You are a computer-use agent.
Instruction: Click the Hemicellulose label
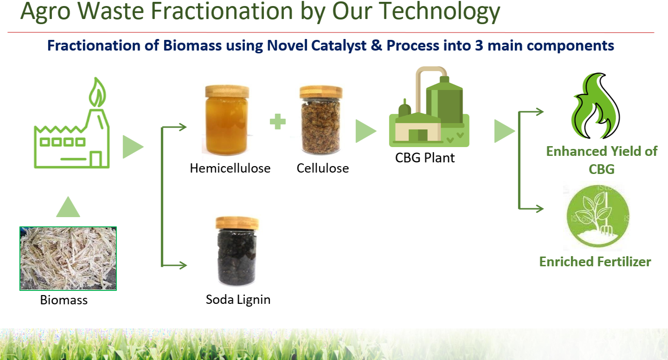[x=230, y=168]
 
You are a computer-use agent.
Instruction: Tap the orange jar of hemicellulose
[x=227, y=120]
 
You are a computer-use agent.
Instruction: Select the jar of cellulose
[x=321, y=120]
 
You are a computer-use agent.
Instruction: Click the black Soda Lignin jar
[x=237, y=251]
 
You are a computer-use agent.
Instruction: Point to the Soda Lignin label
[x=238, y=300]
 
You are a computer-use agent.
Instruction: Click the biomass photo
[x=68, y=258]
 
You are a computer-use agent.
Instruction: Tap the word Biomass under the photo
[x=64, y=300]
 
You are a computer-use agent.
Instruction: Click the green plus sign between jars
[x=277, y=122]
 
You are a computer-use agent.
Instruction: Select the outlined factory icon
[x=72, y=123]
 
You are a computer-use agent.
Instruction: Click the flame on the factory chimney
[x=97, y=92]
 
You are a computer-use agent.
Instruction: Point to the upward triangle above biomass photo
[x=68, y=206]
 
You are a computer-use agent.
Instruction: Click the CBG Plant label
[x=425, y=158]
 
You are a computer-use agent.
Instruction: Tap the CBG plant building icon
[x=429, y=107]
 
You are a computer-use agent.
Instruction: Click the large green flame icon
[x=595, y=106]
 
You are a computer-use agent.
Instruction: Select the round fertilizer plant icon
[x=598, y=216]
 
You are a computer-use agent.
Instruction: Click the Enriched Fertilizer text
[x=595, y=262]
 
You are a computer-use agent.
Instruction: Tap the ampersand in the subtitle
[x=376, y=45]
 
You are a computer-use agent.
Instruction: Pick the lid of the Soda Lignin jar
[x=237, y=223]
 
